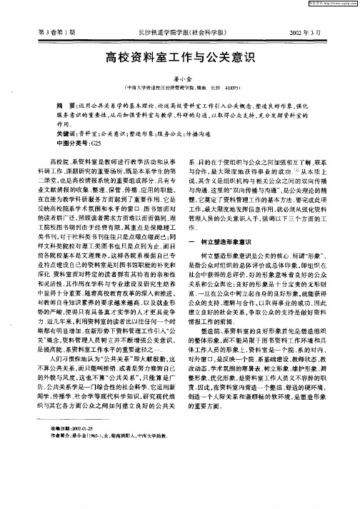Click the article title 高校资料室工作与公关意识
pyautogui.click(x=180, y=56)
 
